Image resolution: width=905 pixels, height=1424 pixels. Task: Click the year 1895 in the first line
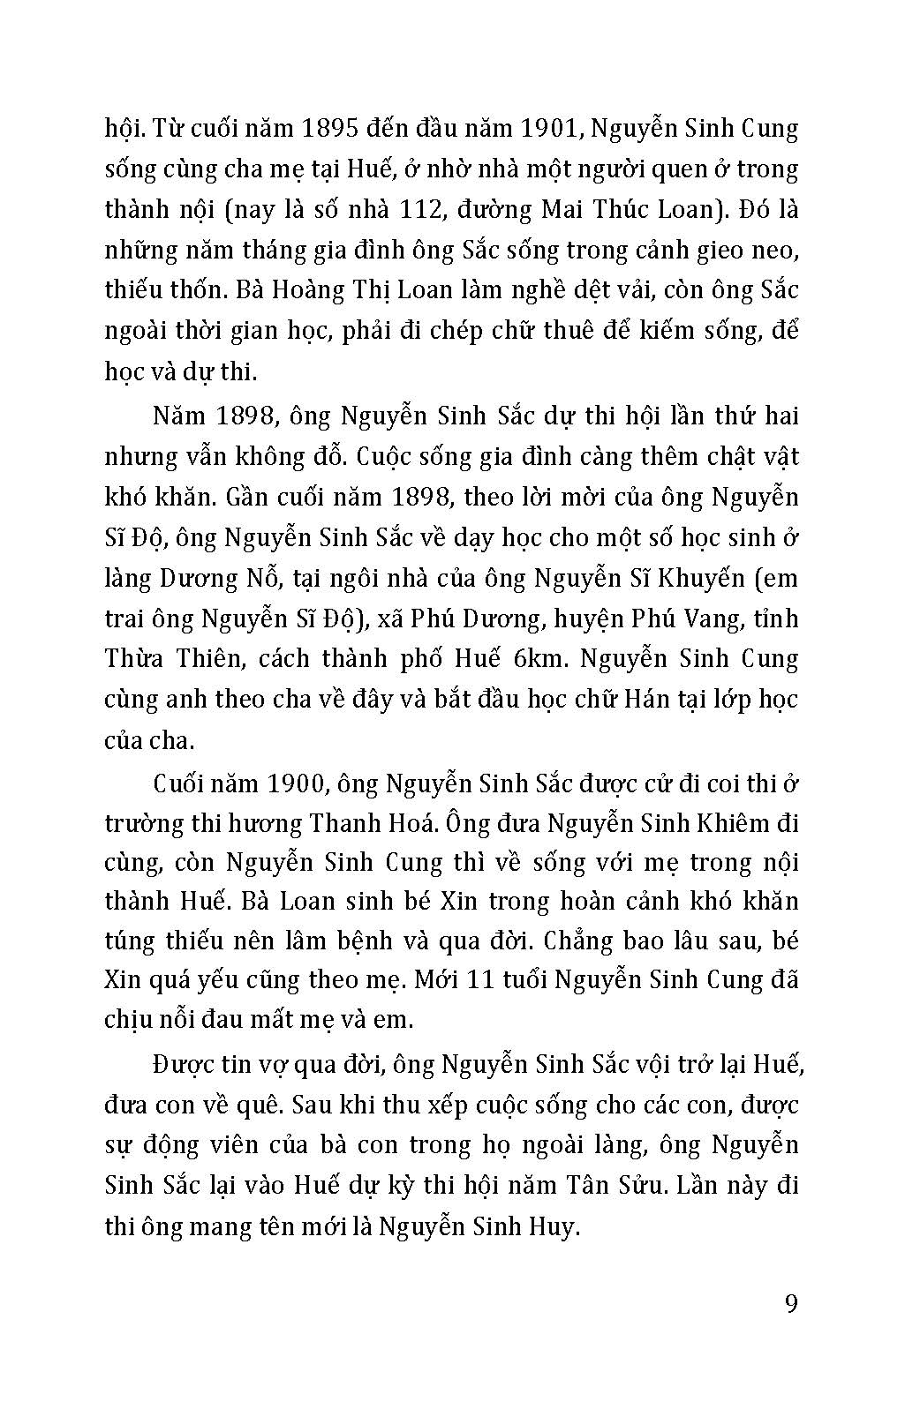click(x=328, y=129)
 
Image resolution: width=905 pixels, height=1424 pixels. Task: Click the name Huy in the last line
click(x=554, y=1225)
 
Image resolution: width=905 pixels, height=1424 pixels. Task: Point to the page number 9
click(x=790, y=1303)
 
